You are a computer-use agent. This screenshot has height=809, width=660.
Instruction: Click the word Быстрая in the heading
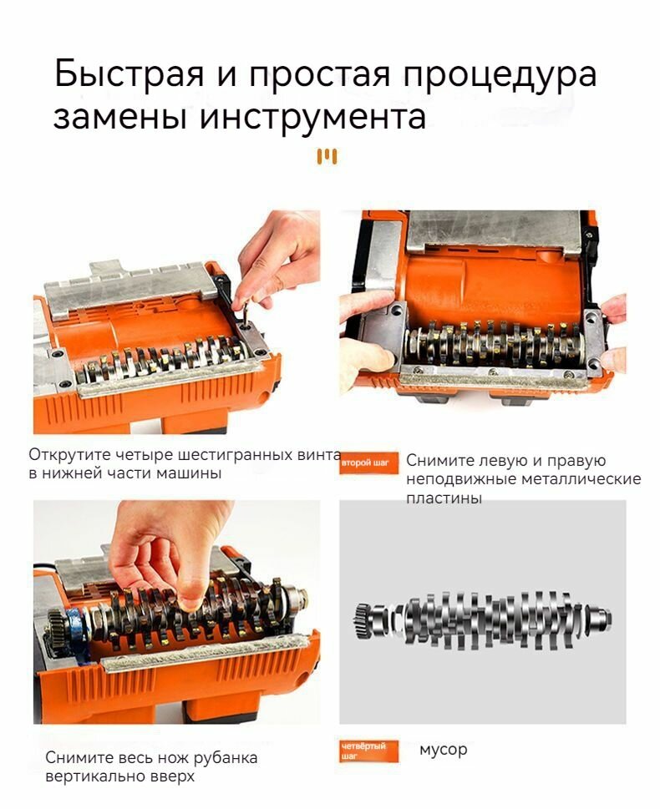(129, 74)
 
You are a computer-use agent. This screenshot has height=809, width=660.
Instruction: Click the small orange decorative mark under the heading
(327, 156)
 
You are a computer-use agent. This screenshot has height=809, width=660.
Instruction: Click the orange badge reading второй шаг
(369, 463)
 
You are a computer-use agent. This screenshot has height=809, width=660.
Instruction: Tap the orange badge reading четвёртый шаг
(369, 751)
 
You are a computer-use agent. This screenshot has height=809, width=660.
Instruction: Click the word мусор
(443, 750)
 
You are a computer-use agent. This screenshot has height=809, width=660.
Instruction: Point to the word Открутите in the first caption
(69, 454)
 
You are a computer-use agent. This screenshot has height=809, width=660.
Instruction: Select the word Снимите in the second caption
(439, 460)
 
